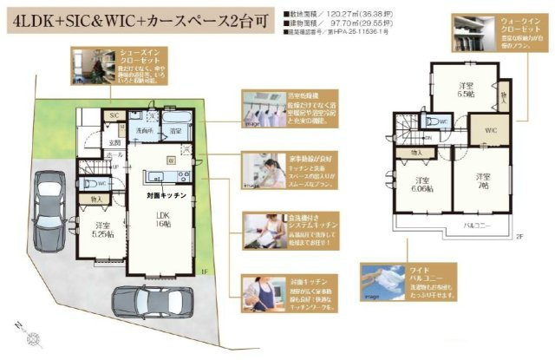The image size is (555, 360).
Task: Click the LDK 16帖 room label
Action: pos(162,219)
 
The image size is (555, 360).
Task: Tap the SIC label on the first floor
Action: pos(114,115)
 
